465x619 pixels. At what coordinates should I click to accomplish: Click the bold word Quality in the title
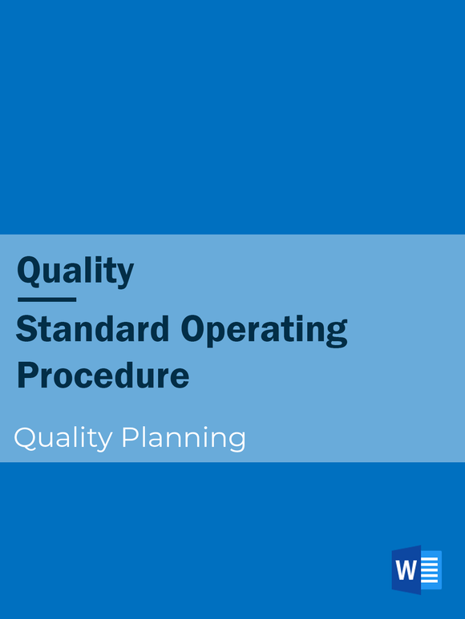(x=75, y=271)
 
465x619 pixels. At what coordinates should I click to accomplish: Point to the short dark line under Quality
(x=46, y=299)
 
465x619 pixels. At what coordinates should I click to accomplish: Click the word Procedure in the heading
(x=103, y=376)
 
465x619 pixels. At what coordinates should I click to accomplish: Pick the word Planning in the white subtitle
(x=183, y=439)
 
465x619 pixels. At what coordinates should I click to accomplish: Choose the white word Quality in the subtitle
(x=63, y=439)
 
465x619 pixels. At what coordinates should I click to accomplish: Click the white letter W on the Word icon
(x=406, y=571)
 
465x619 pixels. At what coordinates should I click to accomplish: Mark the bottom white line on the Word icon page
(x=431, y=581)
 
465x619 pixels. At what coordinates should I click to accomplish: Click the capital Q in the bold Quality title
(x=30, y=271)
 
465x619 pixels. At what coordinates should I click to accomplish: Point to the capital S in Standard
(x=26, y=329)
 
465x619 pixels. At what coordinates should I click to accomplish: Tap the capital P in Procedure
(x=27, y=375)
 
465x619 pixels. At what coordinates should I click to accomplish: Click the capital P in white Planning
(x=129, y=437)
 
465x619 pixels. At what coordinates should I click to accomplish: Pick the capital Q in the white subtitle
(x=25, y=438)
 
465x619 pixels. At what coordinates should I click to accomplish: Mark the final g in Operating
(x=338, y=333)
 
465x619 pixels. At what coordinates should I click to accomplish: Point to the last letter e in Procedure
(x=180, y=377)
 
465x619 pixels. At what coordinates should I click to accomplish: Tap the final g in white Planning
(x=236, y=441)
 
